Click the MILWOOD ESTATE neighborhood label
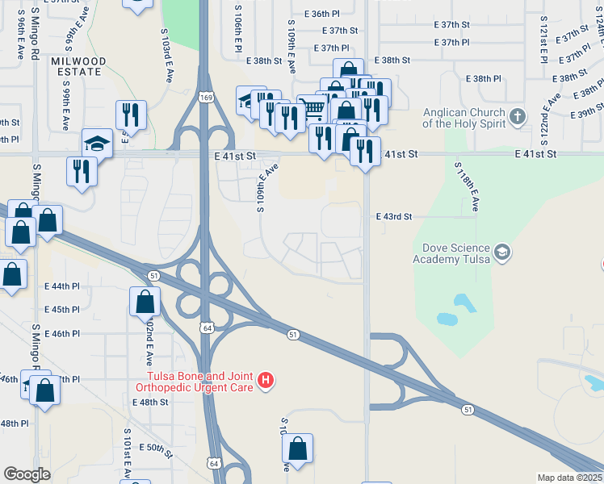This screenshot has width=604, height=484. (78, 66)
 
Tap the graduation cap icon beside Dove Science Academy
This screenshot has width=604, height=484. (502, 252)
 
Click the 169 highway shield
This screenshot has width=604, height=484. (207, 98)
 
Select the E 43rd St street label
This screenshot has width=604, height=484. (394, 217)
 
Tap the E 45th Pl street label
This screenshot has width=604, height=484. (64, 309)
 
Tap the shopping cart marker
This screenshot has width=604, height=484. (312, 107)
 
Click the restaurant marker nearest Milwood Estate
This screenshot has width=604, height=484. (129, 115)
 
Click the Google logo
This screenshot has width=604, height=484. (27, 474)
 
